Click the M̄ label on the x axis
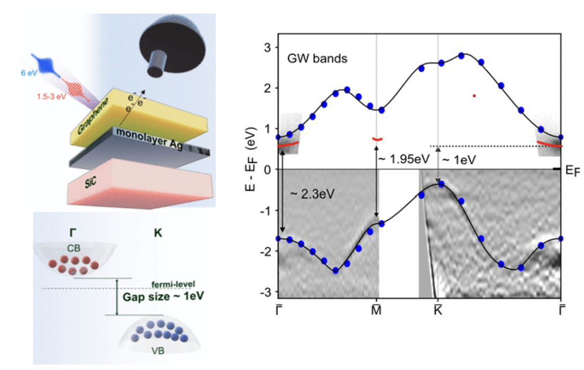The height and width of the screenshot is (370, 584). (x=377, y=310)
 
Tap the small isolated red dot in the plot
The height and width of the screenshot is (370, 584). (x=474, y=95)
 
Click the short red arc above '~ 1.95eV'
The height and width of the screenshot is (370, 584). (x=377, y=139)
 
